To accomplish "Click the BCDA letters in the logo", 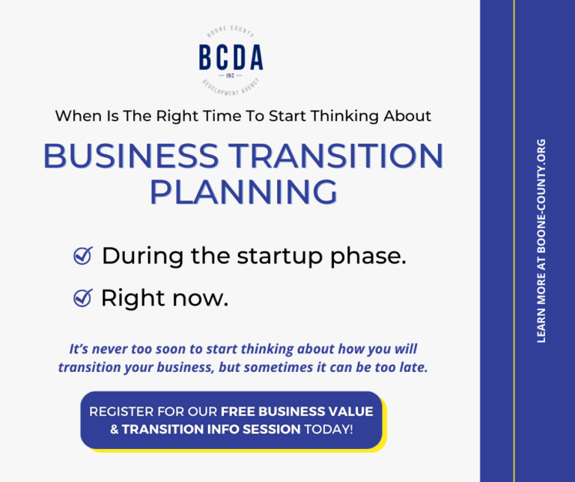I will tap(231, 58).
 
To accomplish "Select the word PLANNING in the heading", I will tap(243, 191).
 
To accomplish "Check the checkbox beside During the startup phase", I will tap(82, 257).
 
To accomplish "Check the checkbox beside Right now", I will tap(82, 299).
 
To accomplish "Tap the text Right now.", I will tap(164, 299).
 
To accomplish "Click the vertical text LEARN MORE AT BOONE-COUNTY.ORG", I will tap(541, 241).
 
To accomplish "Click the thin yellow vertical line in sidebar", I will tap(514, 241).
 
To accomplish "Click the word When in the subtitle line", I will tap(76, 116).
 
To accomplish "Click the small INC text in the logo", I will tap(231, 75).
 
